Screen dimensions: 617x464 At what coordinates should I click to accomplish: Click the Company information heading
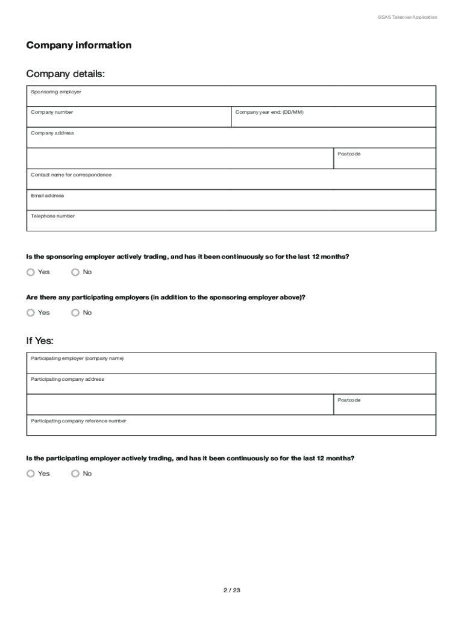pos(78,45)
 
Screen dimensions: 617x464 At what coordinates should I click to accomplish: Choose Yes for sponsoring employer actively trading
pos(31,272)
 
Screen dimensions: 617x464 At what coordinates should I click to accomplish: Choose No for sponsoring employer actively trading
pos(75,272)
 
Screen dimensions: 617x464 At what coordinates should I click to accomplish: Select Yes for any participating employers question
pos(31,313)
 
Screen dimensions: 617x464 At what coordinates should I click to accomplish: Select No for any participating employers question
pos(75,313)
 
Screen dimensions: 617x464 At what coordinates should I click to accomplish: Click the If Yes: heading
pos(40,341)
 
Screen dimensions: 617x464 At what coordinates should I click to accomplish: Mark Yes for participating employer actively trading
pos(31,474)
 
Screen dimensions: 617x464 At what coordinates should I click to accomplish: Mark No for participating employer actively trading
pos(75,474)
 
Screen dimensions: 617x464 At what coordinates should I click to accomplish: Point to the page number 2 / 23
pos(231,590)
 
